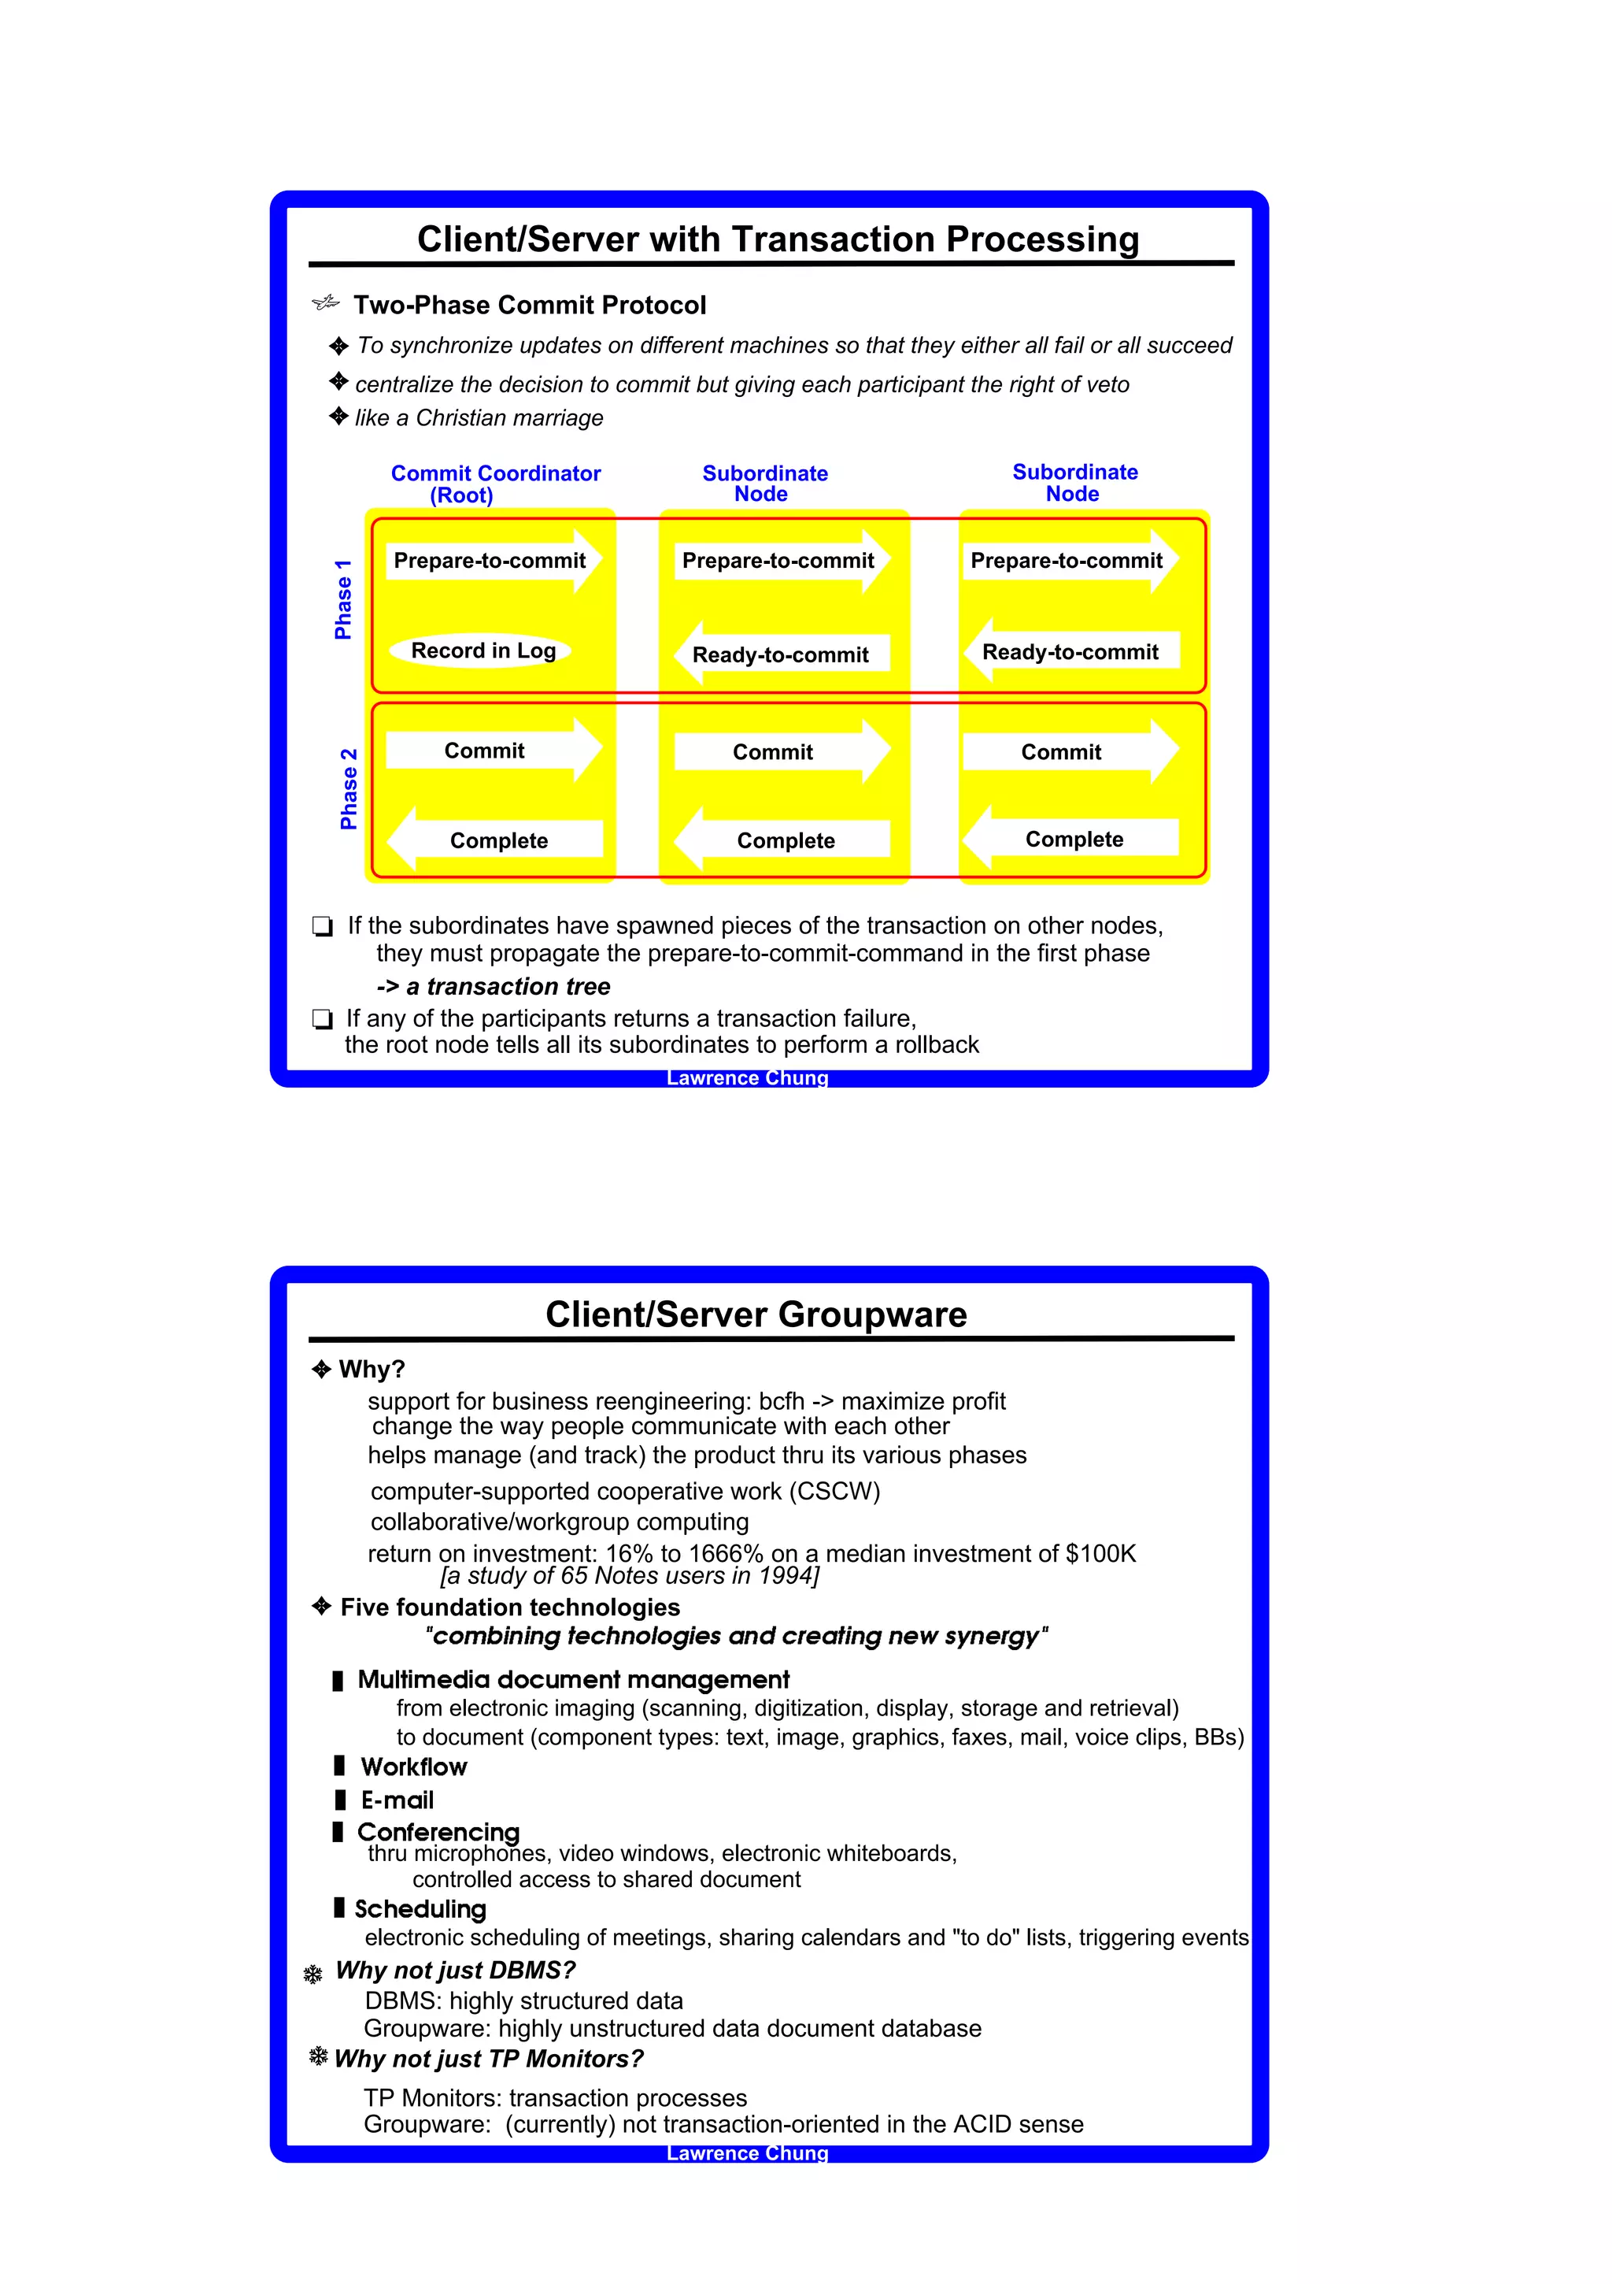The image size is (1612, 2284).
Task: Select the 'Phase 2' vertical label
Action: click(x=348, y=789)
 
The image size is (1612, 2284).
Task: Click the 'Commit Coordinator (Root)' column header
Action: click(x=494, y=484)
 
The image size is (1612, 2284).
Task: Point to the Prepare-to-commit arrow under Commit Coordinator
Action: click(x=492, y=561)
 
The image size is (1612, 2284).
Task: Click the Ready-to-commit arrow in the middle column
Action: click(x=781, y=654)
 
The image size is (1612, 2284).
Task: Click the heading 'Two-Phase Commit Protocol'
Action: click(x=529, y=306)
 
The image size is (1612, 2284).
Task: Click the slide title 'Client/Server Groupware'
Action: click(x=756, y=1314)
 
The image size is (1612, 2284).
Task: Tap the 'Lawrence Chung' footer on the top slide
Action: click(x=747, y=1078)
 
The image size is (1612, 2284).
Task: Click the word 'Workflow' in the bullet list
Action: click(x=414, y=1767)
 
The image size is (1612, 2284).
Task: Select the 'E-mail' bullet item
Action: click(x=397, y=1800)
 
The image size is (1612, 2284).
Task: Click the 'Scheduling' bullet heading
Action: click(x=420, y=1908)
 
